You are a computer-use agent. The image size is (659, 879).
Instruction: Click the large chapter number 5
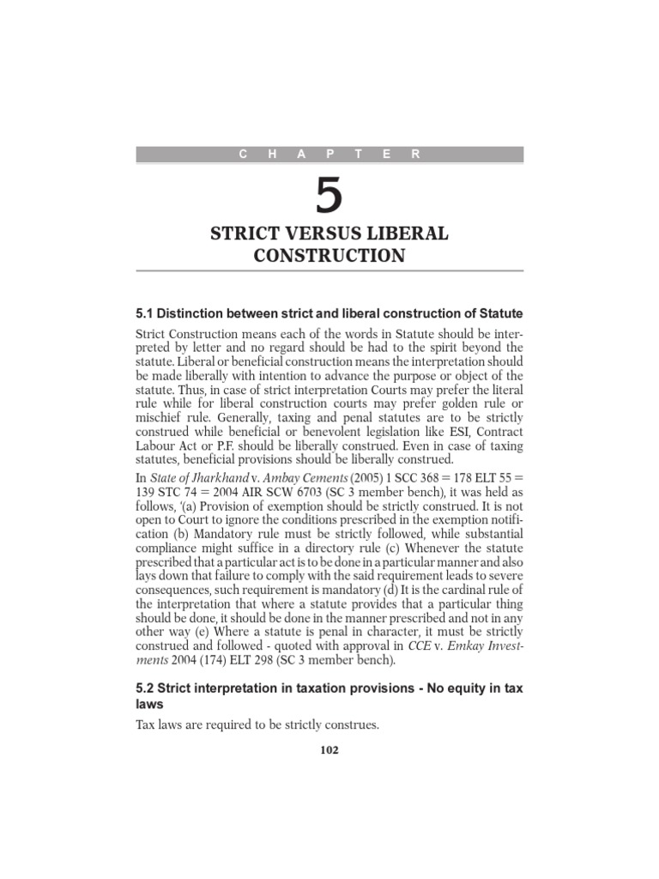pos(329,197)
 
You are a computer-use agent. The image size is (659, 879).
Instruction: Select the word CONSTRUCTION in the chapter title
pos(329,255)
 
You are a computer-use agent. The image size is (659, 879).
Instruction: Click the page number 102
pos(329,749)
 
